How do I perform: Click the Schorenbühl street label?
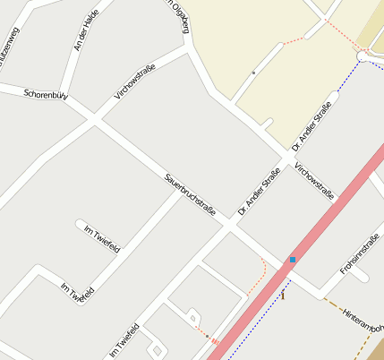[47, 94]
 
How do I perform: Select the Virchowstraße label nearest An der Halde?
[135, 82]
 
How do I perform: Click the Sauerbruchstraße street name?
[191, 192]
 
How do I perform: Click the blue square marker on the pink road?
[292, 260]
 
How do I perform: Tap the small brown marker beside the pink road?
[283, 295]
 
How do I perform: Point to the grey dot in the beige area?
[254, 71]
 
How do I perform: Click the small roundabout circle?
[363, 56]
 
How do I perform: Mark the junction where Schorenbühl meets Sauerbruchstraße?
[93, 116]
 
